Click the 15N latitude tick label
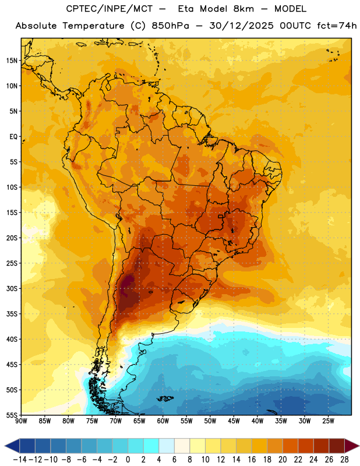coord(12,61)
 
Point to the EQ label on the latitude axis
coord(13,137)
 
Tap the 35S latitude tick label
coord(12,314)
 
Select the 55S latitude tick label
coord(12,415)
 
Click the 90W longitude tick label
coord(21,421)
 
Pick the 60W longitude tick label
coord(163,421)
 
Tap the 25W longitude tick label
coord(328,421)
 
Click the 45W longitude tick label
coord(234,421)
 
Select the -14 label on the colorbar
coord(20,460)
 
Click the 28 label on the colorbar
coord(344,460)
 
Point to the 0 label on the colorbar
coord(128,460)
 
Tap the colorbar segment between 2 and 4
coord(151,446)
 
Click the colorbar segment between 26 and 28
coord(337,446)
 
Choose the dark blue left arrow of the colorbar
coord(12,446)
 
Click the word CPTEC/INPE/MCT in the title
coord(109,9)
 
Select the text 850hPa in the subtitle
coord(170,26)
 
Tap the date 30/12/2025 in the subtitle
coord(241,26)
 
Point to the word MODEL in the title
coord(290,9)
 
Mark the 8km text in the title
coord(243,9)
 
